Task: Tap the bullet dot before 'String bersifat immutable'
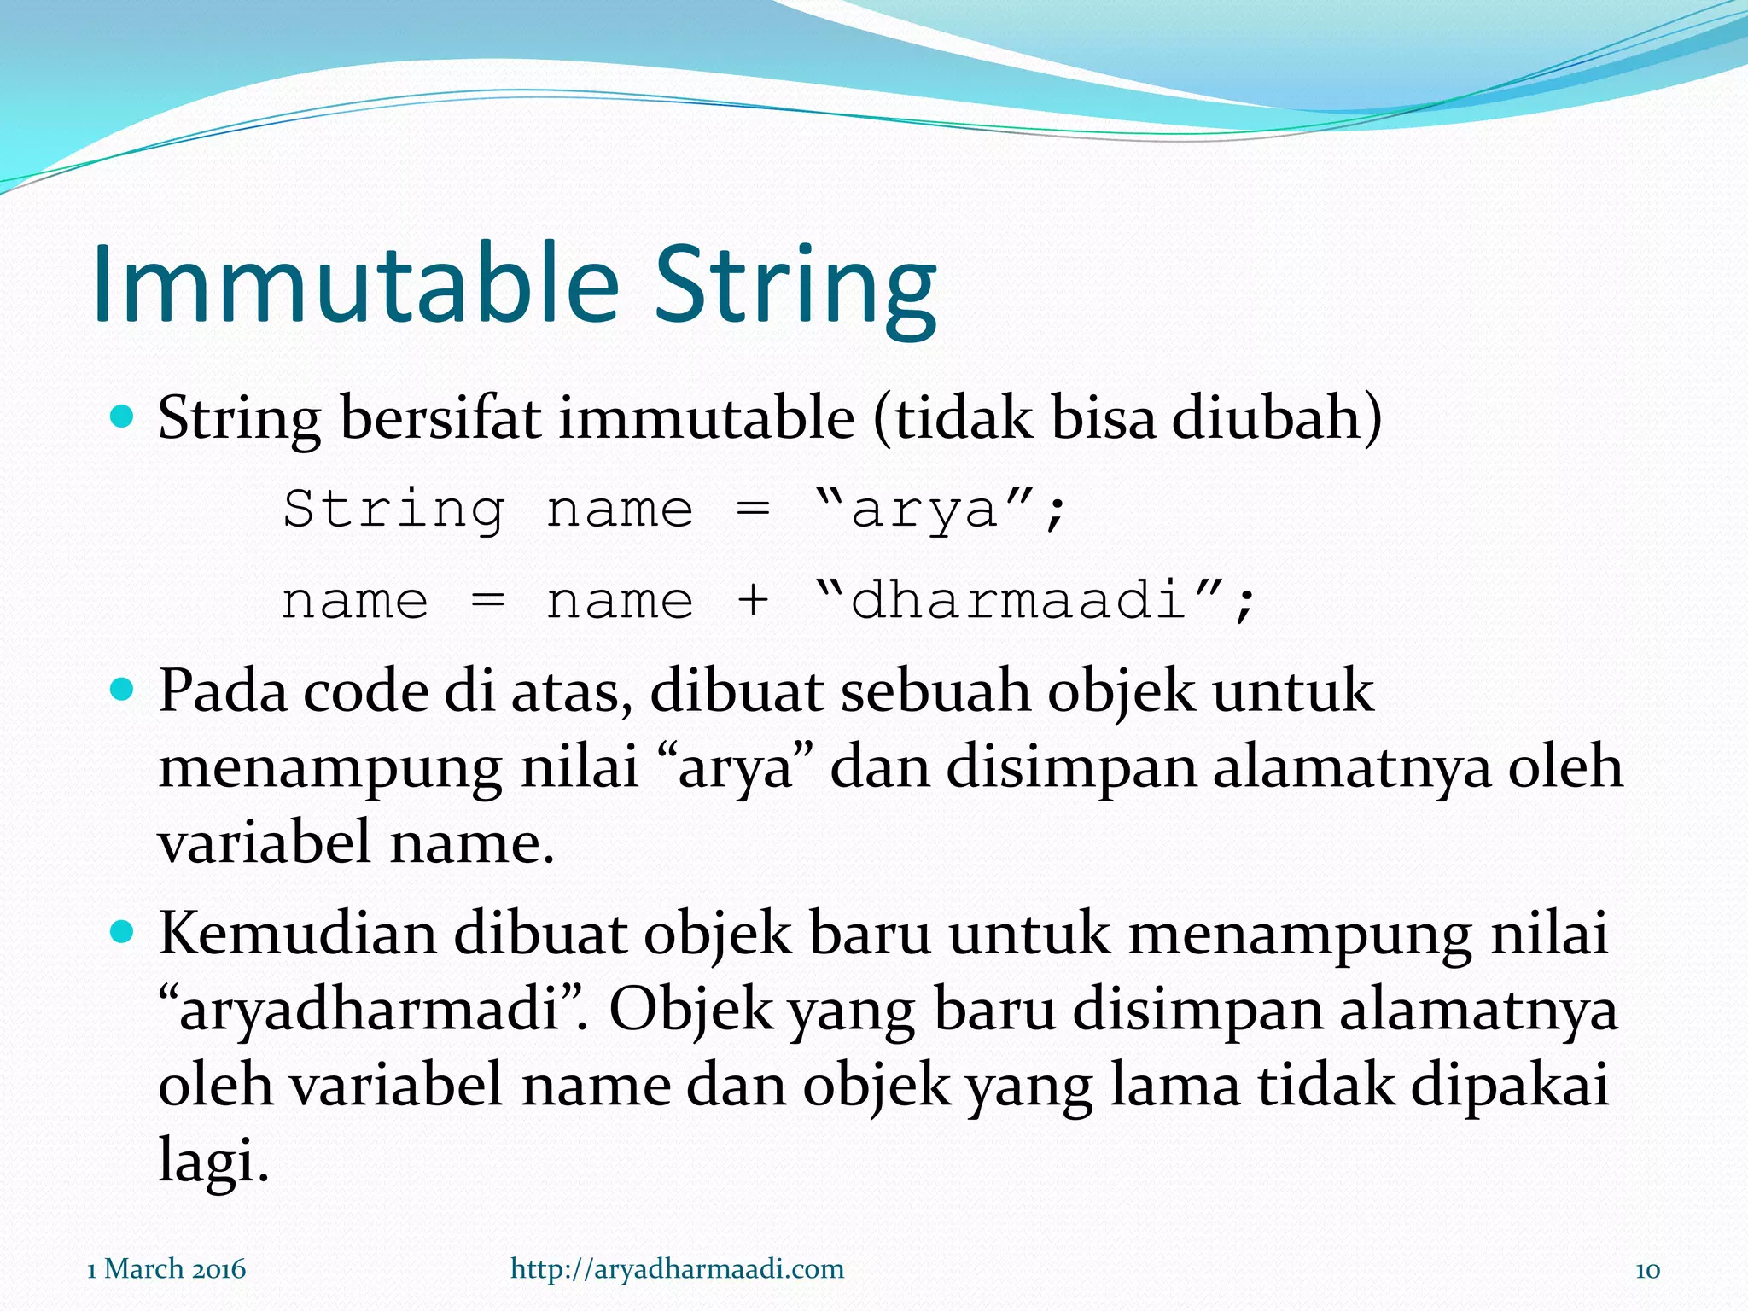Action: click(x=124, y=417)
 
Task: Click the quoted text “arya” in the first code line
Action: click(x=926, y=510)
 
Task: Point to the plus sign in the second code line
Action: click(x=752, y=600)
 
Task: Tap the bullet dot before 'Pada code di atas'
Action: click(x=124, y=689)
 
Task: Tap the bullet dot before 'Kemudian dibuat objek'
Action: click(x=124, y=932)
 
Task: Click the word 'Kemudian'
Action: click(x=297, y=934)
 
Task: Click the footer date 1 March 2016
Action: click(x=166, y=1269)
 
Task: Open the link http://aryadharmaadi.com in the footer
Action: click(x=677, y=1269)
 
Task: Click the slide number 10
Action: click(x=1647, y=1270)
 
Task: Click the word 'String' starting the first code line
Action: click(x=393, y=510)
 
